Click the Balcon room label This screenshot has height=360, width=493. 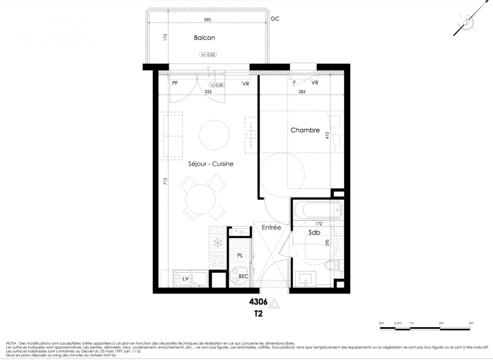coord(204,38)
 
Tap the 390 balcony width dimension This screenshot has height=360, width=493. coord(207,20)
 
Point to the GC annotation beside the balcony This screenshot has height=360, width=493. coord(275,19)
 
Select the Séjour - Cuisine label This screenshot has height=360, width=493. coord(211,164)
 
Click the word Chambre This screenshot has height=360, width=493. coord(305,130)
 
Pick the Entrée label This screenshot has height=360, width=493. coord(271,227)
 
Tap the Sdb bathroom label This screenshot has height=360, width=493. coord(314,233)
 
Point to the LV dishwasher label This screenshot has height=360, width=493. coord(185,279)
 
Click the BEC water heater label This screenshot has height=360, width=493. coord(244,276)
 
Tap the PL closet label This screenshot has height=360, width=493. coord(240,256)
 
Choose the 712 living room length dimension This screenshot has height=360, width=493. coord(165,181)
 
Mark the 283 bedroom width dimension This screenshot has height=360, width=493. coord(302,92)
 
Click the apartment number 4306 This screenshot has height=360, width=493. coord(258,302)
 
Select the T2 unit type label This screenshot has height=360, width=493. coord(258,314)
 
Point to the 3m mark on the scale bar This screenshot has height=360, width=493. coord(470,323)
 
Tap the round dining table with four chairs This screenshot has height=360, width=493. coord(201,199)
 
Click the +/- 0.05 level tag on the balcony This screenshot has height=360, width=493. coord(208,54)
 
